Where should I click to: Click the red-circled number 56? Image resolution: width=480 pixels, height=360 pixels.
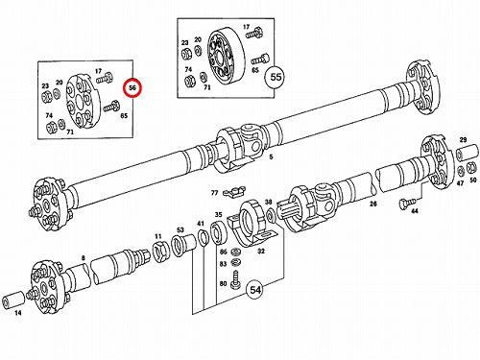[x=132, y=87]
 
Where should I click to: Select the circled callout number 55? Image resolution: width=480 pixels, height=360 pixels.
[x=276, y=77]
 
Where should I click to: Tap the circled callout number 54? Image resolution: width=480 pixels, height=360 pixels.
[x=255, y=290]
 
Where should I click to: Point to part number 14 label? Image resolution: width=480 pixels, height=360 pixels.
[x=18, y=313]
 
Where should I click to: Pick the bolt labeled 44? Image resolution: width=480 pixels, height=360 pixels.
[x=406, y=203]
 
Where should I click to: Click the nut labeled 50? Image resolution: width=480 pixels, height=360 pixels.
[x=472, y=168]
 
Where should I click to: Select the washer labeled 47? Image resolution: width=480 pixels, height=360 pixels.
[x=461, y=171]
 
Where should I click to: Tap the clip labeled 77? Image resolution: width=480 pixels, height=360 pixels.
[x=234, y=192]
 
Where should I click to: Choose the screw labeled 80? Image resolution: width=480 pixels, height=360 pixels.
[x=235, y=280]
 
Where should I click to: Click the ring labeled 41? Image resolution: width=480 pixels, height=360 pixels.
[x=203, y=238]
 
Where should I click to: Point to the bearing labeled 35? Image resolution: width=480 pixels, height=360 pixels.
[x=218, y=233]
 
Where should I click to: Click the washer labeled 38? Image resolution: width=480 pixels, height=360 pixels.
[x=270, y=216]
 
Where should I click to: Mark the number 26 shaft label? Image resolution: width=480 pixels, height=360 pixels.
[x=373, y=204]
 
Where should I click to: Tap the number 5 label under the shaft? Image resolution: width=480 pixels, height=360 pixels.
[x=271, y=156]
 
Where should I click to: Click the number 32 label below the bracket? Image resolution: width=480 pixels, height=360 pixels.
[x=261, y=252]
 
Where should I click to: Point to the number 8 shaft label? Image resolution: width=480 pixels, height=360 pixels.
[x=84, y=258]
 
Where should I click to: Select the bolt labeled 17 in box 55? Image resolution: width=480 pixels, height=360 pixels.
[x=254, y=34]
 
